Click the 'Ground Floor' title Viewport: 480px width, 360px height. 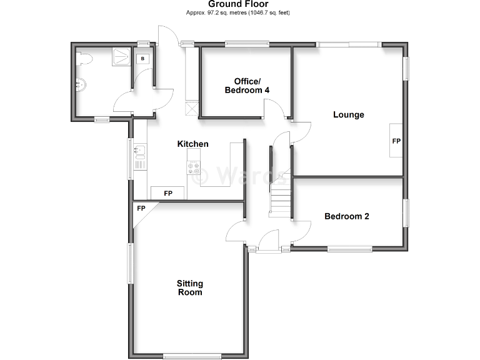point(238,4)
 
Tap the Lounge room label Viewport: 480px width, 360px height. point(349,114)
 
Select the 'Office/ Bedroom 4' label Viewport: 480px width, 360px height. point(244,86)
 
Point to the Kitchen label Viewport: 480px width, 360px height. point(193,144)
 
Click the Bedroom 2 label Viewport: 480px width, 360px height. point(347,216)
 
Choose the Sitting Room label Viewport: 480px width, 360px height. point(190,288)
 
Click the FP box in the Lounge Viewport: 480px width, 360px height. point(396,141)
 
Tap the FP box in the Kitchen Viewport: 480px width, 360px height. point(167,193)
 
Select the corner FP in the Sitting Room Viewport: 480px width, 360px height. point(141,208)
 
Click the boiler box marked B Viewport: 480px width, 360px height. point(143,58)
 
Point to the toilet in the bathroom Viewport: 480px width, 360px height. point(85,59)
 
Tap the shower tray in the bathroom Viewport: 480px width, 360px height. point(119,57)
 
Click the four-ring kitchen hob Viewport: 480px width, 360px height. point(193,168)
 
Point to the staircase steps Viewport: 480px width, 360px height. point(281,200)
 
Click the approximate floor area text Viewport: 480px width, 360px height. point(238,13)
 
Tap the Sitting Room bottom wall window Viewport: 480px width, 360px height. point(191,357)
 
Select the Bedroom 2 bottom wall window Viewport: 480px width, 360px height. point(349,249)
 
